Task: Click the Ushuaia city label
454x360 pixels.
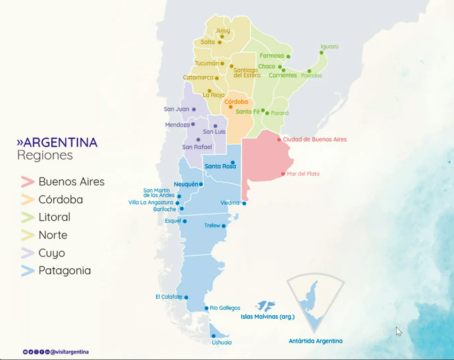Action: [x=222, y=343]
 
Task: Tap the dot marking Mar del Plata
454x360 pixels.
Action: [x=283, y=174]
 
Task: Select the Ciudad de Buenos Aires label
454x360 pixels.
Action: [x=315, y=140]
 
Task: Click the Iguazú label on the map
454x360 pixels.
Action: [x=329, y=47]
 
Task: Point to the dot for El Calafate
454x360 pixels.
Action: [x=186, y=297]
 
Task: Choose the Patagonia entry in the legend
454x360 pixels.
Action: [x=64, y=271]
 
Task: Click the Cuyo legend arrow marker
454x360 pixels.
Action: [x=28, y=253]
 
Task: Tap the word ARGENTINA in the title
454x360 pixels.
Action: [x=60, y=143]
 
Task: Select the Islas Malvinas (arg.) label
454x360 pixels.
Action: [x=267, y=317]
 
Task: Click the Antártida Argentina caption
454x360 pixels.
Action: [x=315, y=341]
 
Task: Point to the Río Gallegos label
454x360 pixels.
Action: [x=225, y=308]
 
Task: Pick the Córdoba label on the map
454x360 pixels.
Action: [x=236, y=102]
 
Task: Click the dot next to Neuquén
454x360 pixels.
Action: [x=201, y=184]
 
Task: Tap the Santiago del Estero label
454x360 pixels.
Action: [x=247, y=72]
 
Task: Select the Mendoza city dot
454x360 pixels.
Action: [x=193, y=125]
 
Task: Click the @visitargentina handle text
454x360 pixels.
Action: [x=70, y=352]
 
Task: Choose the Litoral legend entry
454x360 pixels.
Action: [x=55, y=217]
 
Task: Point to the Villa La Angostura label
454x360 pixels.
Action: [x=151, y=203]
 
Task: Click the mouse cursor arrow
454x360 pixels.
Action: [x=398, y=331]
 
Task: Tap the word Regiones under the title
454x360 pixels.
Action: [x=45, y=155]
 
